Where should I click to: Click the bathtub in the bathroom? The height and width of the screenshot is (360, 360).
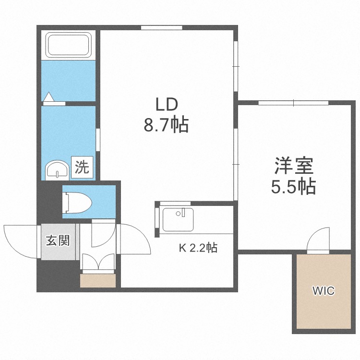point(69,45)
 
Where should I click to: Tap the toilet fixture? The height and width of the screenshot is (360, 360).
point(77,203)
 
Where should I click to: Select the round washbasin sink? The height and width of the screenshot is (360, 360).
point(57,170)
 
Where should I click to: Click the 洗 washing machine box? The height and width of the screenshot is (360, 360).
point(82,167)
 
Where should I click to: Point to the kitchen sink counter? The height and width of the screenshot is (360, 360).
point(178,219)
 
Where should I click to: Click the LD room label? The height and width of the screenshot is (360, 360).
point(167,105)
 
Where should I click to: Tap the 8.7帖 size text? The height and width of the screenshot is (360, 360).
point(166,125)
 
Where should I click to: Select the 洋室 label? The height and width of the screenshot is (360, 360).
point(294,166)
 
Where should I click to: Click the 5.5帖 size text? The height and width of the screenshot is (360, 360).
point(293,186)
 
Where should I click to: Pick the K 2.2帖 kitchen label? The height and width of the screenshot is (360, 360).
point(198,248)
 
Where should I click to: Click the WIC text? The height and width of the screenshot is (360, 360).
point(323,291)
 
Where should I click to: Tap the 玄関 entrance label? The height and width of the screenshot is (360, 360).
point(58,240)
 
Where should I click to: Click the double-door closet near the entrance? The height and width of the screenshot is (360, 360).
point(98,262)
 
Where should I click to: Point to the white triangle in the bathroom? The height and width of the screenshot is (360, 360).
point(48,96)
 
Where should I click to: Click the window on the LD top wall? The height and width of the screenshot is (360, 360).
point(162,28)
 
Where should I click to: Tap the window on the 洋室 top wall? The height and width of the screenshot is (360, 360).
point(294,103)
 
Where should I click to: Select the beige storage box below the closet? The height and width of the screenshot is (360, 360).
point(98,280)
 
